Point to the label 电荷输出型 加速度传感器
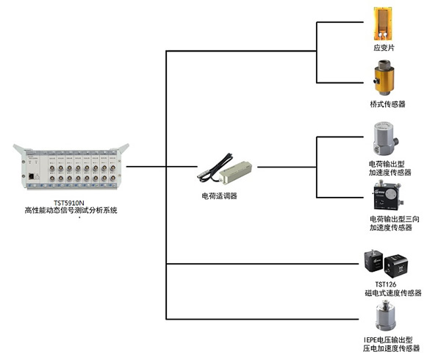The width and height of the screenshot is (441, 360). [390, 168]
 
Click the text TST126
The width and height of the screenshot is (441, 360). [386, 284]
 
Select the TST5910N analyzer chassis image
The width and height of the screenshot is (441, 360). [71, 168]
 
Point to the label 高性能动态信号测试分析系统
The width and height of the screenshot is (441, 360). [71, 211]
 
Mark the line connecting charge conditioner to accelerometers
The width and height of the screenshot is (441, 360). [287, 167]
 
